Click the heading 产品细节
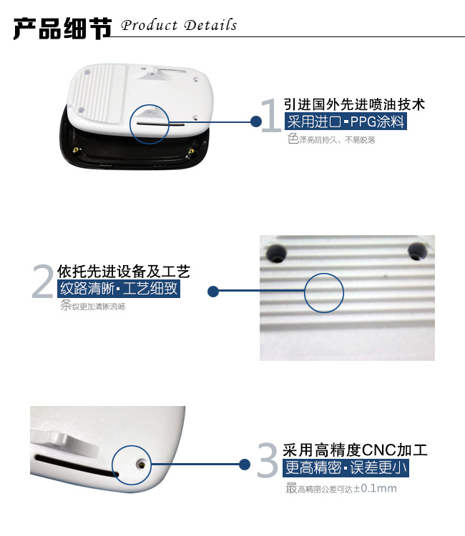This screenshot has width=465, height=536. point(63,27)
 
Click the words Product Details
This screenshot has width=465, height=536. point(179,26)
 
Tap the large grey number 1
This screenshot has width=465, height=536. point(271,116)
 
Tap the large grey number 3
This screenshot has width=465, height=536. point(267,461)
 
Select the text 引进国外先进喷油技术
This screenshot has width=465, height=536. point(354,104)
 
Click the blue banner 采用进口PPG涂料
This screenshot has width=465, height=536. point(345,121)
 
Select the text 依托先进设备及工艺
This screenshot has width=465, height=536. point(123,272)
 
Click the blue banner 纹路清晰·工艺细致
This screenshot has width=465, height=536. point(118,289)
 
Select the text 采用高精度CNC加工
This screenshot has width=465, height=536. point(355,450)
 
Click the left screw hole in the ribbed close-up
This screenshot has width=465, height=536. point(275,251)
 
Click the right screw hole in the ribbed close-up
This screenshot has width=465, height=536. point(418,249)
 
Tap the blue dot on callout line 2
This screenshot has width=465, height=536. point(212,291)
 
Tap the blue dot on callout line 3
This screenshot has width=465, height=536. point(245,465)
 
